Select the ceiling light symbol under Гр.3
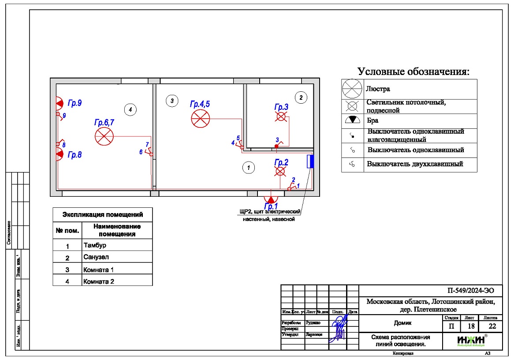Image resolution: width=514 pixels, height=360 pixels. point(281,117)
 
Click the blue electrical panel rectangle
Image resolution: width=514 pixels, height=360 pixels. point(310,161)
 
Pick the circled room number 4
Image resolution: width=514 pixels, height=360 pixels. point(129,109)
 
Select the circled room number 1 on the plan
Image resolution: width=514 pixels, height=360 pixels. point(249,167)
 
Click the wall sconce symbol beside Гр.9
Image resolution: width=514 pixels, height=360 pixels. point(59,103)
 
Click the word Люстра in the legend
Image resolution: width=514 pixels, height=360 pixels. point(378,89)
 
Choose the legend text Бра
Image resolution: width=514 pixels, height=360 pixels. point(372,120)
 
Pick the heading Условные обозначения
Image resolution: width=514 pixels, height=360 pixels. point(413,71)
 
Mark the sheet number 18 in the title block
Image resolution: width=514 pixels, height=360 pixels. point(467,326)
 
